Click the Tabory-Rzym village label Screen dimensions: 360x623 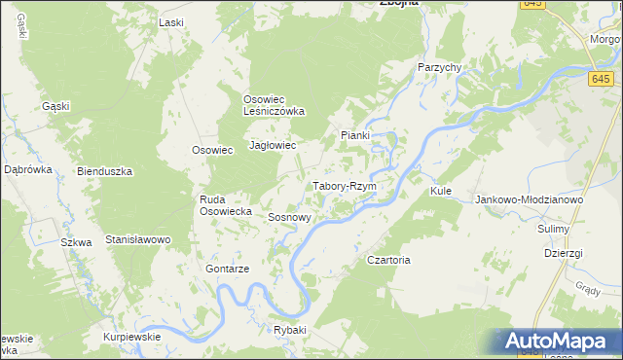click(x=344, y=185)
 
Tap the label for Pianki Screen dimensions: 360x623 click(x=354, y=135)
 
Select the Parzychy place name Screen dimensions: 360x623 click(x=438, y=66)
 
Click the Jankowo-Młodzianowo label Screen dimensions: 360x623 click(x=528, y=199)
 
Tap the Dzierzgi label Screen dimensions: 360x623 click(x=564, y=252)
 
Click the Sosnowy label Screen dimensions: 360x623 click(x=289, y=218)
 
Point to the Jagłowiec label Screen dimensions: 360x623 click(x=273, y=145)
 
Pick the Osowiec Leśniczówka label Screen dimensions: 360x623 click(x=274, y=104)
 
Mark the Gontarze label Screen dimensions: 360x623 click(x=229, y=268)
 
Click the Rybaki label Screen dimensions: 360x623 click(x=289, y=330)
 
